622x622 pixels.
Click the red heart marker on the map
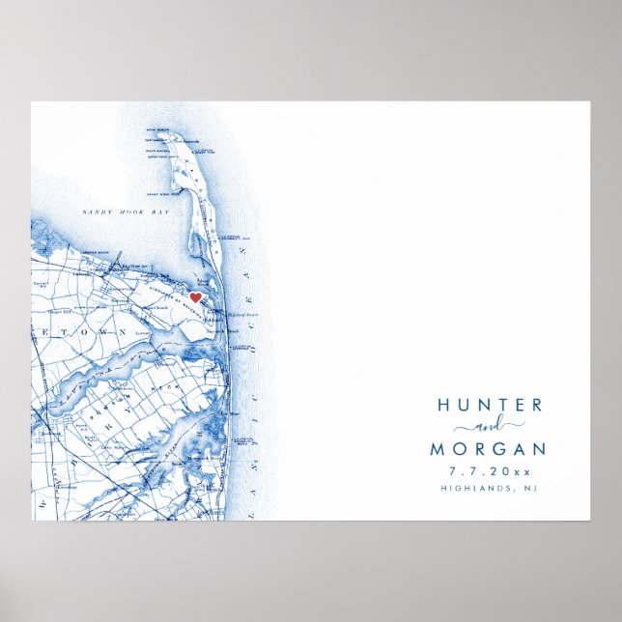(194, 297)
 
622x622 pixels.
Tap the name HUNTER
(490, 406)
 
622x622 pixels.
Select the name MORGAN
(487, 450)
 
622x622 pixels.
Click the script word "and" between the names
(488, 428)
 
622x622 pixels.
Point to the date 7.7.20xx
(489, 471)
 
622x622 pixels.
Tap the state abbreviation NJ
(529, 489)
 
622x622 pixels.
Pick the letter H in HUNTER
(443, 406)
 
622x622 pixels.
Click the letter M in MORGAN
(438, 450)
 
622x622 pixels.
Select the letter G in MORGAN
(497, 450)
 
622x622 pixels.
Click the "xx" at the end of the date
(522, 471)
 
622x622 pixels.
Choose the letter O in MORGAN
(459, 450)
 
